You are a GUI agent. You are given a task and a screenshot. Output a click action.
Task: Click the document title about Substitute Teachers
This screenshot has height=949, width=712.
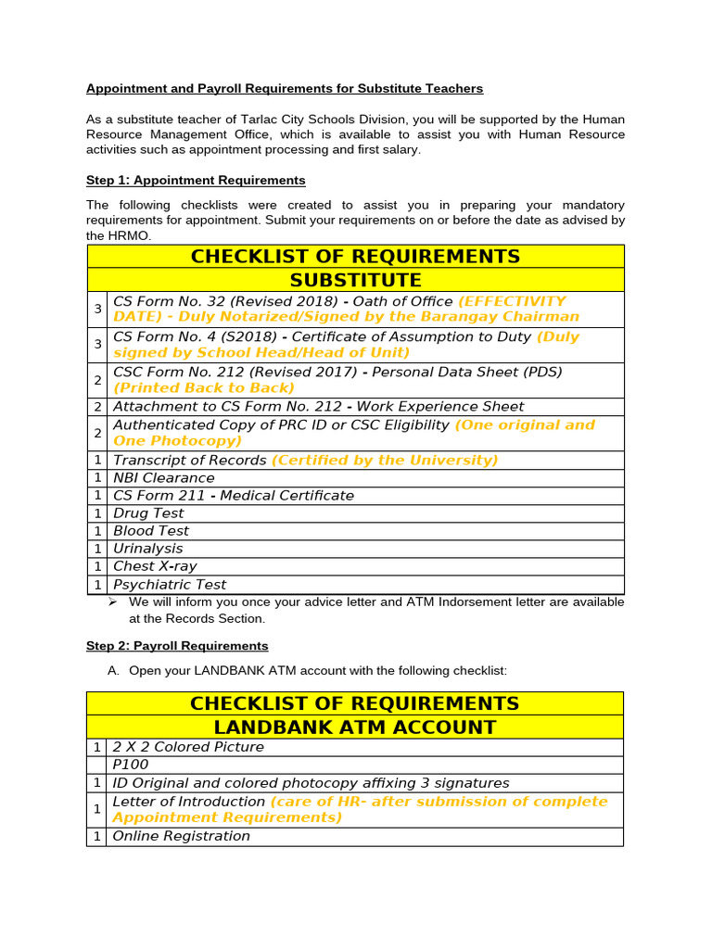click(285, 89)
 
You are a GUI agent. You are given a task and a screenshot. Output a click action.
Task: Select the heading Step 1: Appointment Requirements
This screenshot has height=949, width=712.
click(196, 180)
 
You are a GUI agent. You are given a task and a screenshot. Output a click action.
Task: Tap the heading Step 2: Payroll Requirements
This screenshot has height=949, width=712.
click(177, 646)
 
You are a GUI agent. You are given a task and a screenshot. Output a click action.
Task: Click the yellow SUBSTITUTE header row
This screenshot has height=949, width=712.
click(355, 280)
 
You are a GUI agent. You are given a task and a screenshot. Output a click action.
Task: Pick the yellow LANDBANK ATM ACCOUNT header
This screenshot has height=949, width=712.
click(355, 728)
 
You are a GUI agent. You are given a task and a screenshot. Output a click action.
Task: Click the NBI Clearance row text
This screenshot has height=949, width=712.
click(163, 478)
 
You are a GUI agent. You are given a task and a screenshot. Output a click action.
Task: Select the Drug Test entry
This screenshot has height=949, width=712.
click(148, 513)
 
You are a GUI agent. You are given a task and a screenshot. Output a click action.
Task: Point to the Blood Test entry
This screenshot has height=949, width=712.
click(150, 531)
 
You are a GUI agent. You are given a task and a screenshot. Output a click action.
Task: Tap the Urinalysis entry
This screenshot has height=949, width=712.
click(147, 549)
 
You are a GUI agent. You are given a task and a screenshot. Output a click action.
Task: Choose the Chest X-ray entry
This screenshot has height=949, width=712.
click(155, 566)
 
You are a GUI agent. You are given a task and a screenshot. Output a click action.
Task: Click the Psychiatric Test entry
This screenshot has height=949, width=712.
click(170, 585)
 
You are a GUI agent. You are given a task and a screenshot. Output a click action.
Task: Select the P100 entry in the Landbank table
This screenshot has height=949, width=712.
click(130, 766)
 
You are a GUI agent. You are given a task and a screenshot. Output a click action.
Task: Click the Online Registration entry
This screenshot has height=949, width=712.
click(181, 836)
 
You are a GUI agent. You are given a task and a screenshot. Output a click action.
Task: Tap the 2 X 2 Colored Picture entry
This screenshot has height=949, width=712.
click(188, 747)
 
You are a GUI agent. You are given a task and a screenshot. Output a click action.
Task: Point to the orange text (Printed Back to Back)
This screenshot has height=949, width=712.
click(203, 388)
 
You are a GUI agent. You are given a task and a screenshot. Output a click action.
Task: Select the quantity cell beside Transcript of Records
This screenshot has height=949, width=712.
click(97, 461)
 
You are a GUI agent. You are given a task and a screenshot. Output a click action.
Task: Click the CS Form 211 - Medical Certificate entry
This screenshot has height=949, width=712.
click(233, 496)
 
